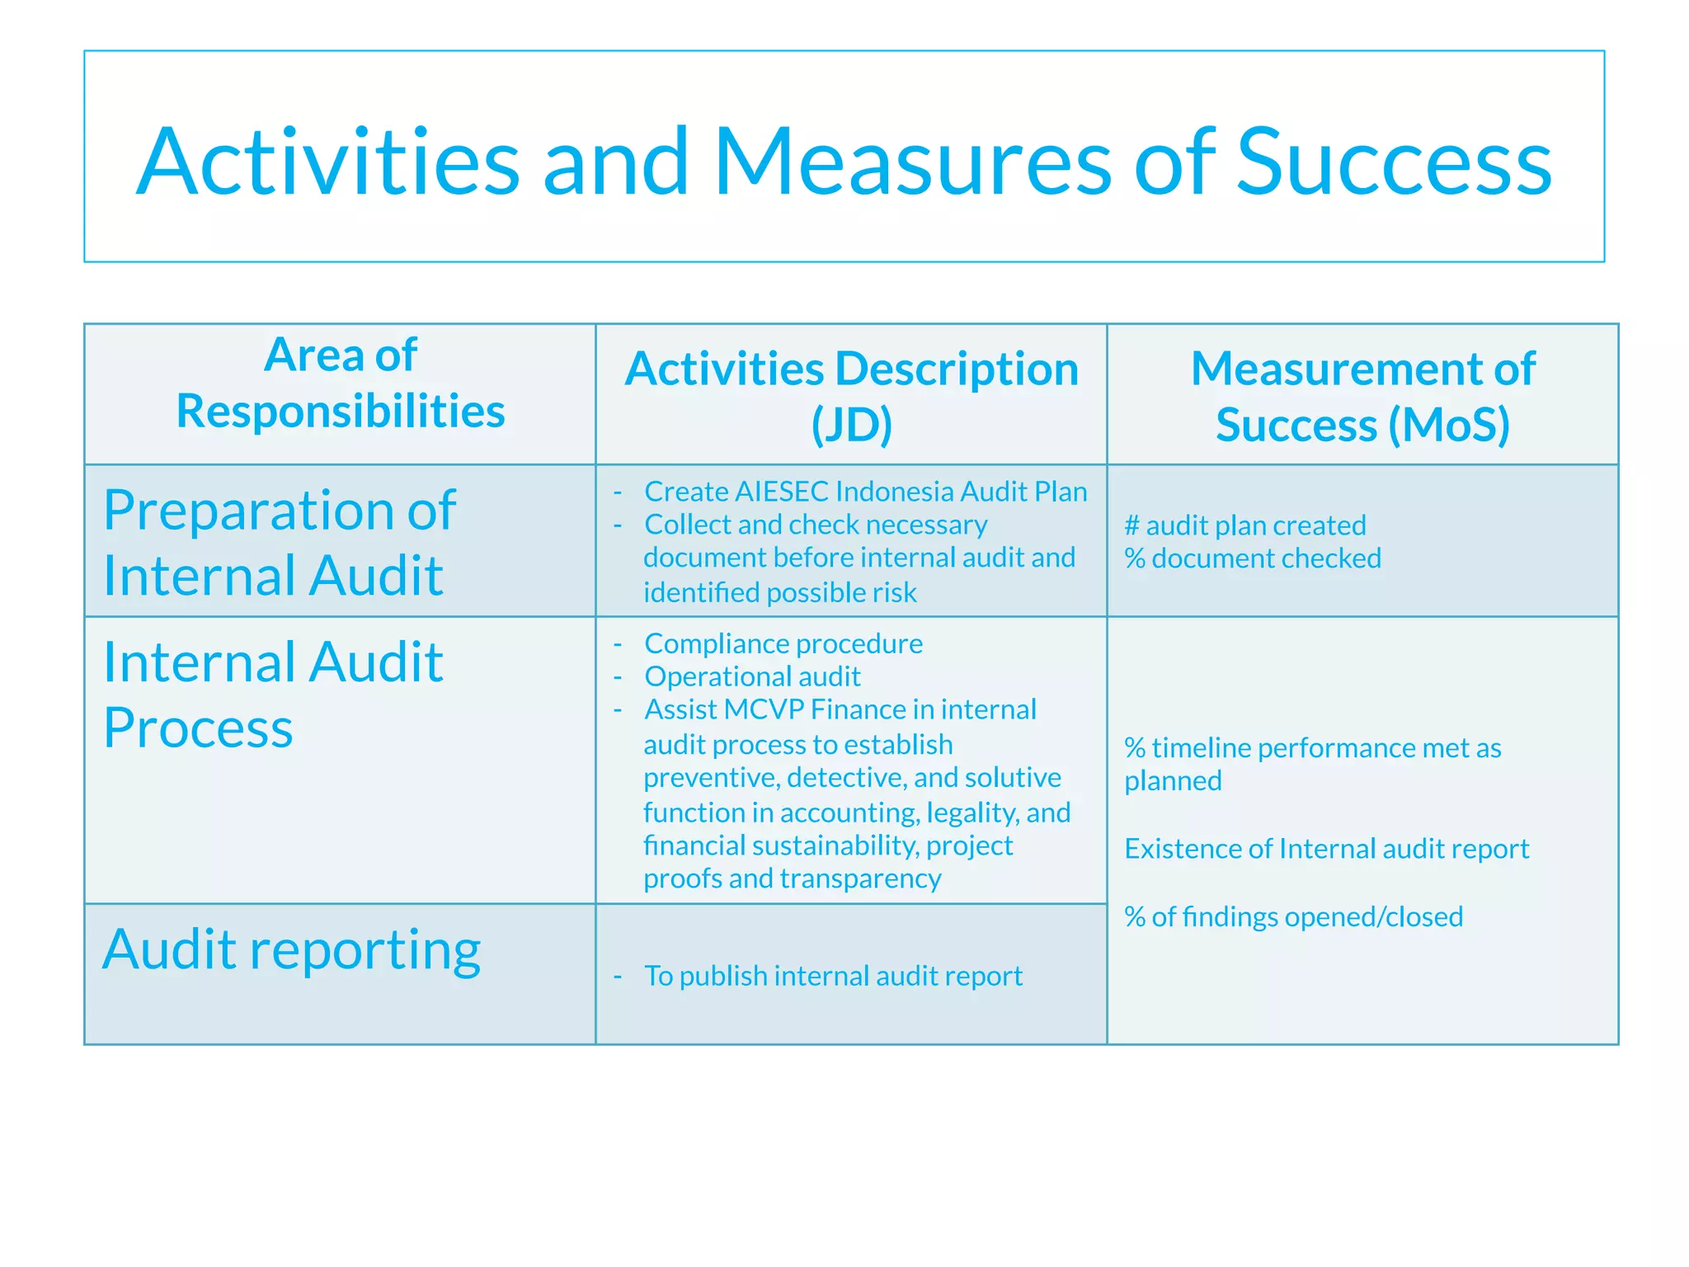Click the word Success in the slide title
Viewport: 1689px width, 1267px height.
(1394, 162)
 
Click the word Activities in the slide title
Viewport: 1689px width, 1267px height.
(328, 162)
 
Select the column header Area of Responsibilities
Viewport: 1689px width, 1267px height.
(340, 383)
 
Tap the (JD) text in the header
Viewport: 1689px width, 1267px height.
(851, 425)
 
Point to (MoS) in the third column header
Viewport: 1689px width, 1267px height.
(1449, 425)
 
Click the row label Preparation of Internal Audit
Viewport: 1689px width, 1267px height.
(279, 542)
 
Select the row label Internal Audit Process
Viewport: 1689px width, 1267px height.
(273, 695)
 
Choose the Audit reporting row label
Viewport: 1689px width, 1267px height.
(291, 949)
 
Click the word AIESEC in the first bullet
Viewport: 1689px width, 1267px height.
(781, 492)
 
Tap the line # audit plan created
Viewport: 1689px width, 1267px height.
(1245, 525)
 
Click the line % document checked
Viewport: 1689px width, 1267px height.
(1253, 558)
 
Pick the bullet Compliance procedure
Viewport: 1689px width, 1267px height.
(783, 643)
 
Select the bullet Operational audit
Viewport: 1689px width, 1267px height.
(752, 676)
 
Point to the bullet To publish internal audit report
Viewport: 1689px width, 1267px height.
(833, 976)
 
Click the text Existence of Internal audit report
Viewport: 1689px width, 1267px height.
(1326, 849)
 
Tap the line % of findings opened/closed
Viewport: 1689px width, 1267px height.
(1293, 916)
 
